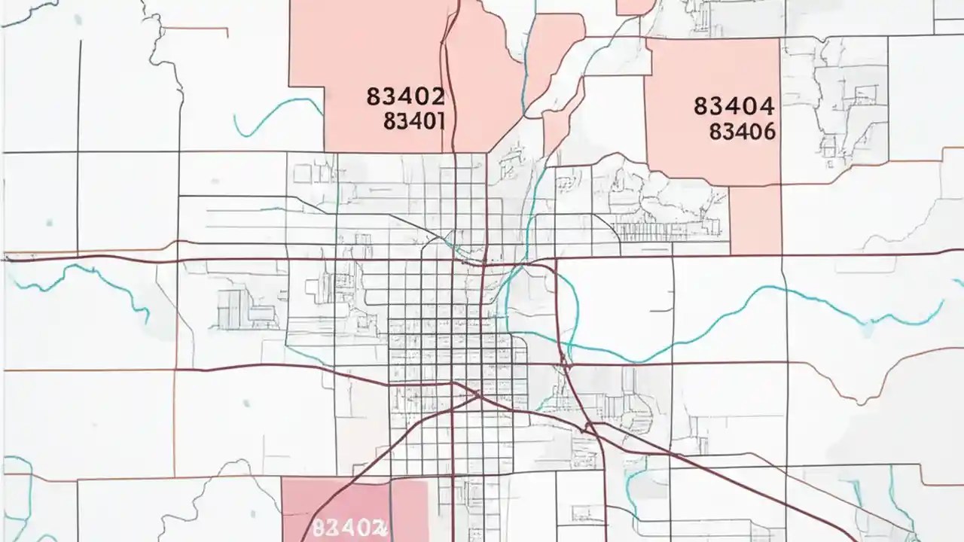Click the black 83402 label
pyautogui.click(x=405, y=96)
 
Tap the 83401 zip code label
pyautogui.click(x=414, y=121)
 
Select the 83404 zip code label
pyautogui.click(x=734, y=106)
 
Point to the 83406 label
pyautogui.click(x=743, y=132)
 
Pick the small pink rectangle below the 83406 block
pyautogui.click(x=755, y=220)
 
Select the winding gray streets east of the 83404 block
pyautogui.click(x=836, y=98)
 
